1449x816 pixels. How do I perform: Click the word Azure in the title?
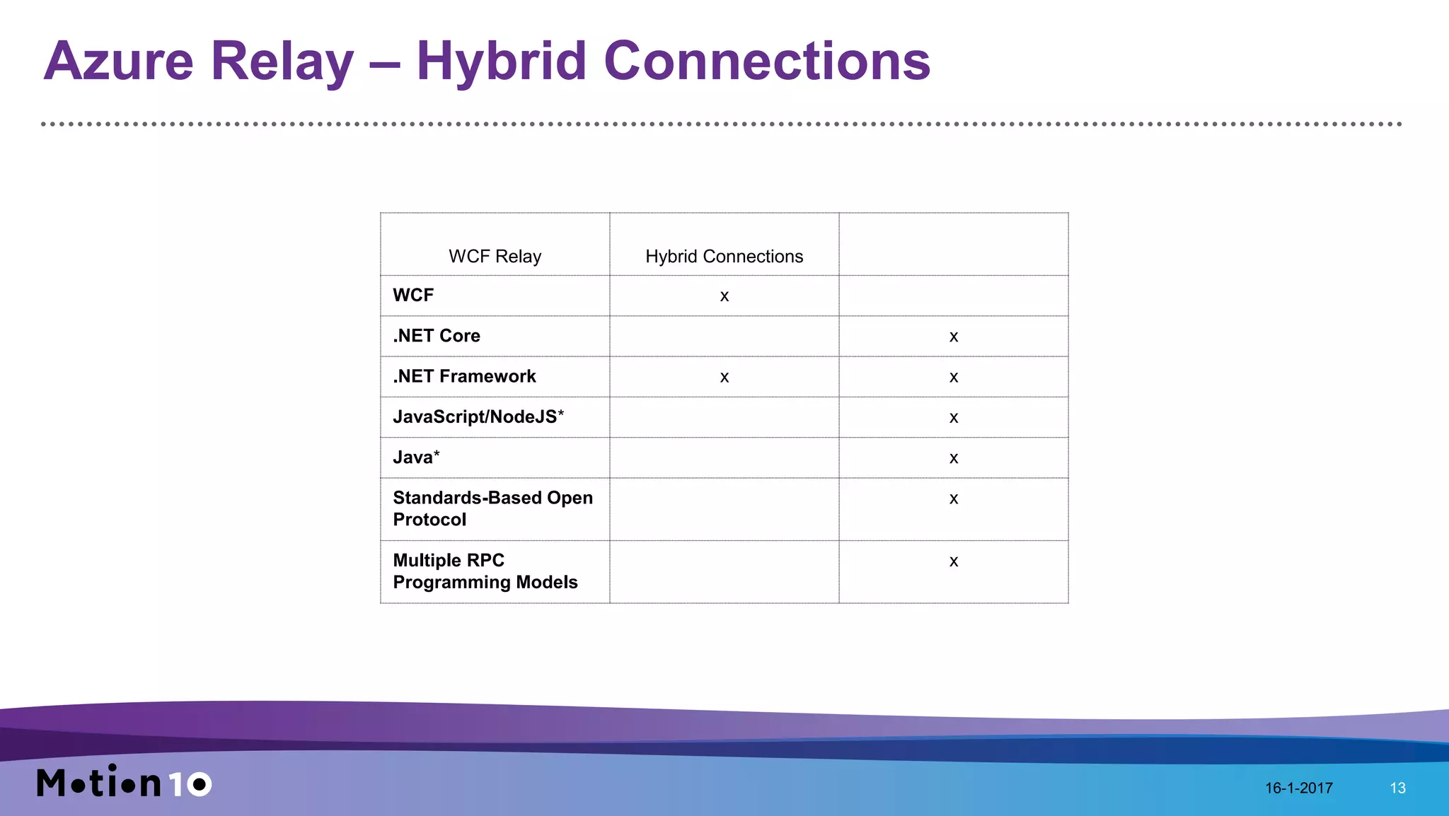(118, 62)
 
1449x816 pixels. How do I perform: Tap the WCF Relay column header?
(495, 256)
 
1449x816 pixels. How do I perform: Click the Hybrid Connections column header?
(724, 256)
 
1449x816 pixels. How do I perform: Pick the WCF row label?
(413, 295)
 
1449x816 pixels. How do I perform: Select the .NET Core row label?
(437, 336)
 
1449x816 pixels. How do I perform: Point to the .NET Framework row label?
(464, 376)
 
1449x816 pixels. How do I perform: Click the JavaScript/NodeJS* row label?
(478, 416)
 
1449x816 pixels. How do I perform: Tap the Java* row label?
(416, 457)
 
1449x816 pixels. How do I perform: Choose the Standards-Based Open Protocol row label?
(492, 508)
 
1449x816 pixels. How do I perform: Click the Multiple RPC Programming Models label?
(485, 571)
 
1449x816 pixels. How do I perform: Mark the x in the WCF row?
(724, 296)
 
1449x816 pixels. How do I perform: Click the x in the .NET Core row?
(953, 337)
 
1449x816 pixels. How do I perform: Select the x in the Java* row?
(953, 459)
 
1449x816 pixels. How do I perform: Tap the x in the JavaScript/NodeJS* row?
(953, 419)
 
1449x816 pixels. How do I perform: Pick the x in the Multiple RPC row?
(953, 562)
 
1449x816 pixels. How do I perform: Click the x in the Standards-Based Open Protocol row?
(953, 499)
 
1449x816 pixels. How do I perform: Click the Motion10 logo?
(124, 782)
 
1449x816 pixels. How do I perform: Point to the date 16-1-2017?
(1298, 788)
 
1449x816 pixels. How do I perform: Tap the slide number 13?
(1397, 788)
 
